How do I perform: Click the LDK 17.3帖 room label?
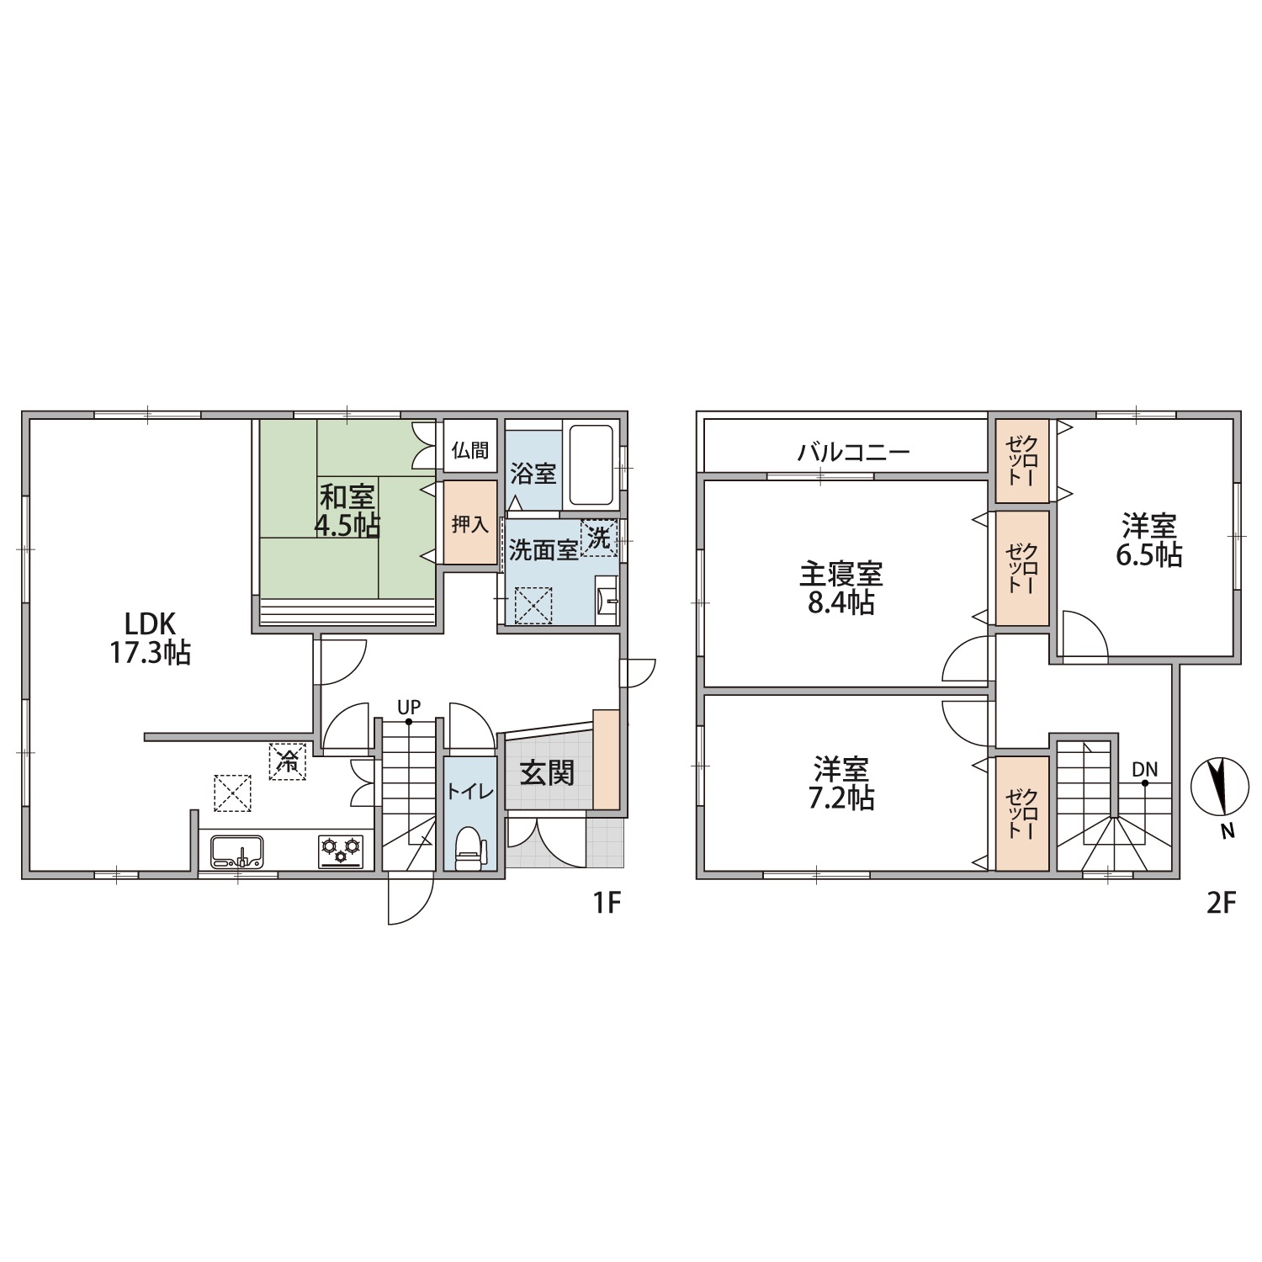coord(151,639)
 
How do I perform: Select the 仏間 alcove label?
coord(470,450)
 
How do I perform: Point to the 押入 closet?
coord(470,522)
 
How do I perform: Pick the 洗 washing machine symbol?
coord(599,538)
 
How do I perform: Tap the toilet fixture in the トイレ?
coord(468,848)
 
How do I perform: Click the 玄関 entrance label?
coord(548,772)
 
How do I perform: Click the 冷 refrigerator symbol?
coord(288,762)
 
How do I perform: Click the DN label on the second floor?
coord(1144,769)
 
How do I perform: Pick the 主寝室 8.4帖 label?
coord(840,589)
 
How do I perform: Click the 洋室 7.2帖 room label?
coord(840,783)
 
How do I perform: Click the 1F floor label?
coord(607,904)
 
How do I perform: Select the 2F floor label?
coord(1221,904)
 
